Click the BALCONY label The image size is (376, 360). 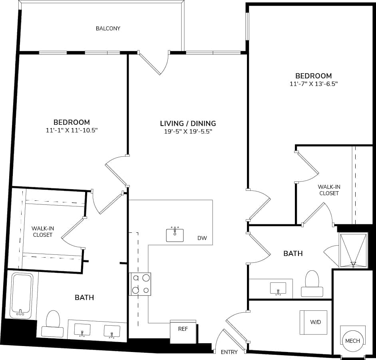108,28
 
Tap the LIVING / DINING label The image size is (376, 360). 188,123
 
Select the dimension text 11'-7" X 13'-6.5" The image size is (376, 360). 313,84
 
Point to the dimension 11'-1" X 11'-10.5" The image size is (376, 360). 72,130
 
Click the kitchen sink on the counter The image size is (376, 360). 175,235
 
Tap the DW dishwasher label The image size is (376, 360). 202,238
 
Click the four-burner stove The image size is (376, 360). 141,284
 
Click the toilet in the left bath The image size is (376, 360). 53,323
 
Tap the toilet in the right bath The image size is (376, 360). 312,283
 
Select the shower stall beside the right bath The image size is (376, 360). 352,250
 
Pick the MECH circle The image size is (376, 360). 352,341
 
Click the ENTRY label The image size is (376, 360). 229,352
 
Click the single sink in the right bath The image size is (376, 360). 278,288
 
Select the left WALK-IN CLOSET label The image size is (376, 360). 43,232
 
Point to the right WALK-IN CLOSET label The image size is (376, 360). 328,190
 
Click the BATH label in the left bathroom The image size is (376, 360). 85,298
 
